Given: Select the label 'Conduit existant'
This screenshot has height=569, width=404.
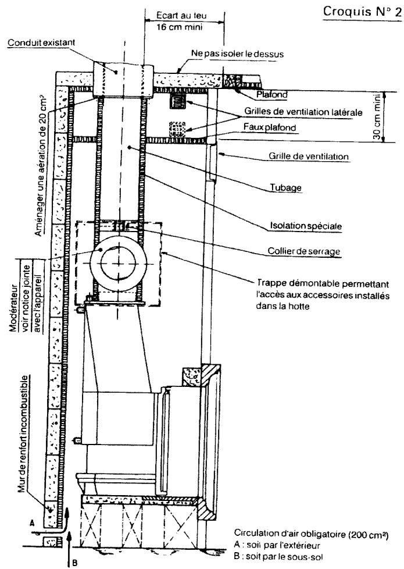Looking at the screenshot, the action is pos(41,42).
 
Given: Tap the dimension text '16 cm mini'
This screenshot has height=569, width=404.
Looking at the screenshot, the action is pos(180,27).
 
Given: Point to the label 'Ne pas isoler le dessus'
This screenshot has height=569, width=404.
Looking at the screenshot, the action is pos(237,54).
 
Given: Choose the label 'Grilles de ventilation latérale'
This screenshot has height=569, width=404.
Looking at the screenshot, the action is pos(303,111).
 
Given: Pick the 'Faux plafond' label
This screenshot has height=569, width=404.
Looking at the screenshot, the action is pos(270,127).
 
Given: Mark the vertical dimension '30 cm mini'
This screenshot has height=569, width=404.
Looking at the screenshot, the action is pos(377,116).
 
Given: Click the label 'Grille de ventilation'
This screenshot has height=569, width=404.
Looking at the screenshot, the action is pos(309,157).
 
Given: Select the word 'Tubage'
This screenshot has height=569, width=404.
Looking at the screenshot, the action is pos(286,187).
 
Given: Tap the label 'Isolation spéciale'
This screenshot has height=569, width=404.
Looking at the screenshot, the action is pos(306,226).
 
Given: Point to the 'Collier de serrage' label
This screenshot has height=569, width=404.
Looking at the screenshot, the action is pos(304,251).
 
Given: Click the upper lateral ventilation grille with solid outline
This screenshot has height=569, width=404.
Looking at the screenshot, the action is pos(178,101).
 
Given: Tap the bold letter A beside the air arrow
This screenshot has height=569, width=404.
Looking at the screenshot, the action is pos(32,523).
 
